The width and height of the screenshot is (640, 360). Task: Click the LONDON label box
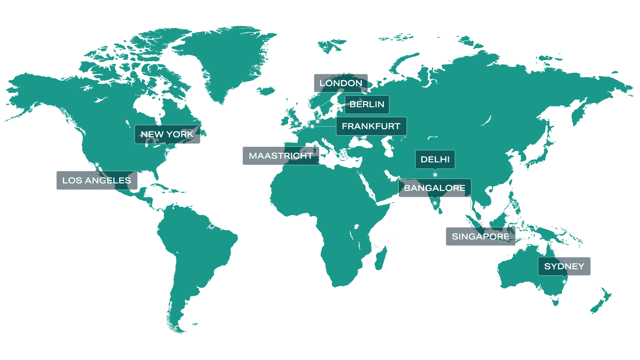(x=340, y=83)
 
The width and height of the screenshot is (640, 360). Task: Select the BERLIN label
(x=367, y=105)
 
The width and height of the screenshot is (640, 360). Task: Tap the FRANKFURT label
(x=371, y=126)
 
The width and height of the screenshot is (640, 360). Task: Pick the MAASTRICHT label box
(x=281, y=156)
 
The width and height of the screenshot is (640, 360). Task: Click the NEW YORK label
(x=167, y=134)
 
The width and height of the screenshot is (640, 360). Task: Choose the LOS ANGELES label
(x=97, y=180)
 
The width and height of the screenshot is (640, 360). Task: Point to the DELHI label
(x=435, y=160)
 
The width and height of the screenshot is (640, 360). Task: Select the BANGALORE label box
(x=434, y=188)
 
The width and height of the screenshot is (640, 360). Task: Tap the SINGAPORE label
(x=480, y=236)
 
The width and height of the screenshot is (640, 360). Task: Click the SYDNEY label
(x=564, y=266)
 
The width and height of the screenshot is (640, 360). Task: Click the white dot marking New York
(x=168, y=150)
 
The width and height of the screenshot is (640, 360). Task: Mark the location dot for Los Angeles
(x=97, y=165)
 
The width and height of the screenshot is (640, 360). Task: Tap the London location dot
(x=296, y=123)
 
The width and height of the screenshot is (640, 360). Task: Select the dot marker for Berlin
(x=318, y=122)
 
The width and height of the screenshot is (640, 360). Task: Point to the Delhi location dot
(x=435, y=175)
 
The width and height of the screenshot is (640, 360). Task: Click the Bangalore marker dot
(x=435, y=203)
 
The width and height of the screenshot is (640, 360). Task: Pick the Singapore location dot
(x=480, y=221)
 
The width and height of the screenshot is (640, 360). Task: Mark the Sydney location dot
(x=564, y=282)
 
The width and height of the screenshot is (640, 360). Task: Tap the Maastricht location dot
(x=307, y=126)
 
